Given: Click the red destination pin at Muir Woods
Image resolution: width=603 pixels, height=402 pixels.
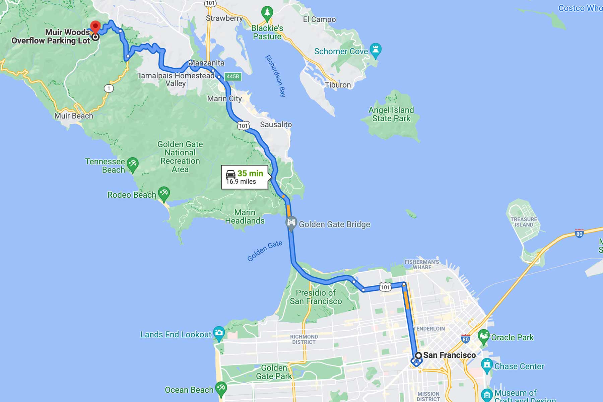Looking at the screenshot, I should [95, 26].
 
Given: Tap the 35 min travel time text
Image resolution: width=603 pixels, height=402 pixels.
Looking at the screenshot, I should [250, 173].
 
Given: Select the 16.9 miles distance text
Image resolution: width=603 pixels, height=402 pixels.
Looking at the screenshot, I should [241, 182].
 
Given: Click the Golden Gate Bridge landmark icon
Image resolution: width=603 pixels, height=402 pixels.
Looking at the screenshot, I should [291, 222].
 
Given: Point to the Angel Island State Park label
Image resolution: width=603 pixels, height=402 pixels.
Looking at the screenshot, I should [391, 114].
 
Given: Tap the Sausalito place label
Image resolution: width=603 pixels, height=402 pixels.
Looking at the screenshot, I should [276, 125].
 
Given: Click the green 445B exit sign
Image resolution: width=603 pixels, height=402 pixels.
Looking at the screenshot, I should [233, 76].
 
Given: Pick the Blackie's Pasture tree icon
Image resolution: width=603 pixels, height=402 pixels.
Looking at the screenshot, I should [267, 13].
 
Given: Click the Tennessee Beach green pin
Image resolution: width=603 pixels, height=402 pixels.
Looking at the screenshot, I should [133, 164].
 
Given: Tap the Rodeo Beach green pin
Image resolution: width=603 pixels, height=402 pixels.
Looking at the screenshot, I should [164, 193].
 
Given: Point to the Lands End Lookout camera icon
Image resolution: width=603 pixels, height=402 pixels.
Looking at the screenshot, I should [219, 333].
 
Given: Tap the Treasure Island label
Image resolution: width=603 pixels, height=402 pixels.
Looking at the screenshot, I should [524, 222].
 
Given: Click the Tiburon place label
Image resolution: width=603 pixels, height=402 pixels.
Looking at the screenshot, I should [338, 85].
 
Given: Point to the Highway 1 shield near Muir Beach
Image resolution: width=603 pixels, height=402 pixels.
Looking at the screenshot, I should [109, 88].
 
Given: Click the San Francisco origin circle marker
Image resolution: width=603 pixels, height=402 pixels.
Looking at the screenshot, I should [418, 355].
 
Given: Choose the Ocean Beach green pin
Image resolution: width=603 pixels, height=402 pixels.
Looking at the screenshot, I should [221, 389].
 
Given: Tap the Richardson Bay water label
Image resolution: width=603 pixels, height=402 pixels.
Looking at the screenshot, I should [275, 76].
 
